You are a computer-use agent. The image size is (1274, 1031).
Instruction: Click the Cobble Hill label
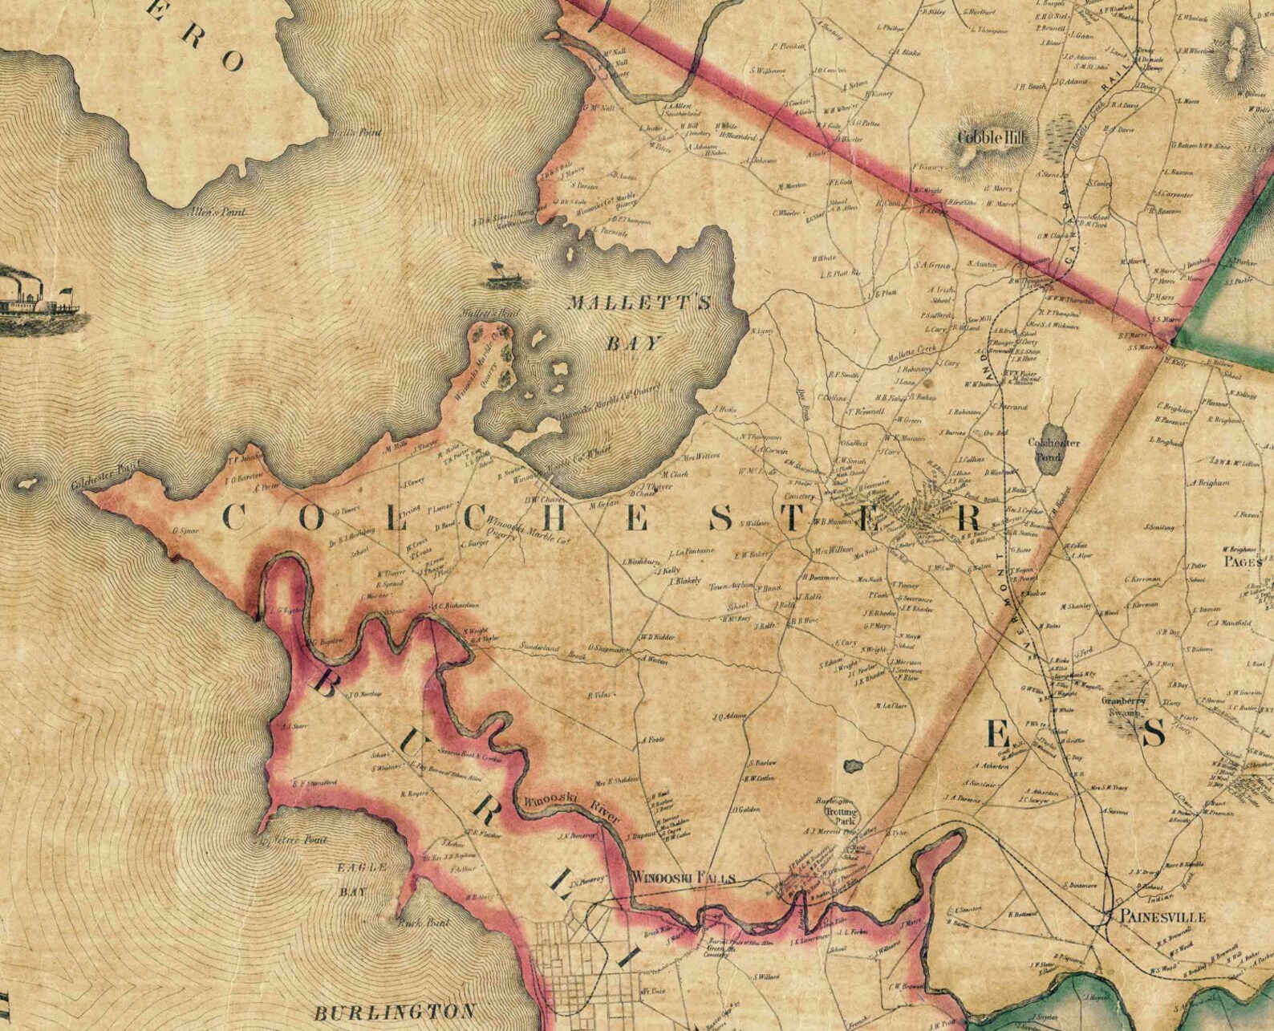[x=992, y=137]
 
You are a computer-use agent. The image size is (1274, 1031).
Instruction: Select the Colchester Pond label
[x=1054, y=449]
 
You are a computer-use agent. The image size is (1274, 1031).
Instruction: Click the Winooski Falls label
[x=684, y=878]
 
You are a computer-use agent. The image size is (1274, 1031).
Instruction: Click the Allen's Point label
[x=216, y=213]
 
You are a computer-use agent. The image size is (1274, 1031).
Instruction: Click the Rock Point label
[x=416, y=923]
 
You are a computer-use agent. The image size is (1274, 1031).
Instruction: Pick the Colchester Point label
[x=99, y=485]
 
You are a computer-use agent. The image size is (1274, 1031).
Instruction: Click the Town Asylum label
[x=728, y=587]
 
